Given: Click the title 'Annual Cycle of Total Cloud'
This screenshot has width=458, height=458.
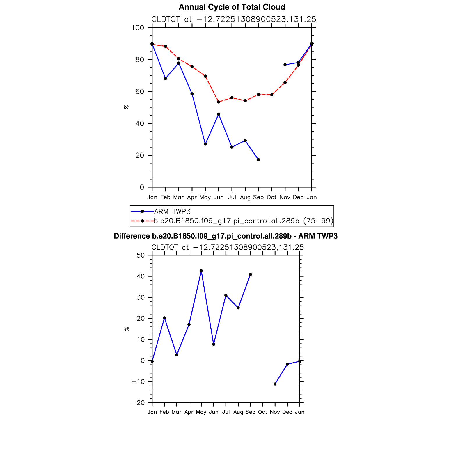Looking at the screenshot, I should [232, 7].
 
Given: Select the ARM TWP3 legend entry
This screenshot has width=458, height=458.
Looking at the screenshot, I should [172, 212].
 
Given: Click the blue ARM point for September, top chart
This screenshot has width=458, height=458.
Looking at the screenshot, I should [258, 160].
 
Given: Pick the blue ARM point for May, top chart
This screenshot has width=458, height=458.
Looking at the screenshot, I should [205, 144].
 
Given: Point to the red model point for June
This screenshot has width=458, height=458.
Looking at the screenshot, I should [219, 102].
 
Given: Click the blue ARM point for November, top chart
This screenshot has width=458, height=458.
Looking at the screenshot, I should [285, 65].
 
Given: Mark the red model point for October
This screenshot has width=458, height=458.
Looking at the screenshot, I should [272, 95].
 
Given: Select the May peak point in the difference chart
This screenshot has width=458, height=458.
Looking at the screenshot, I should [201, 271].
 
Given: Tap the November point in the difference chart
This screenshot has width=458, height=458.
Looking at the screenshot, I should [275, 384].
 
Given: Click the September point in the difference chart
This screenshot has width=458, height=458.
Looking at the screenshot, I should [251, 274].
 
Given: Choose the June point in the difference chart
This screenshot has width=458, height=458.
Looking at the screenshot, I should [214, 345].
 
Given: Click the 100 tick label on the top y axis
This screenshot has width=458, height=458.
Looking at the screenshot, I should [138, 28].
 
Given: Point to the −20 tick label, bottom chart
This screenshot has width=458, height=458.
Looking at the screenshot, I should [138, 403].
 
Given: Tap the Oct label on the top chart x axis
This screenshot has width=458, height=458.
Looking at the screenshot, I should [272, 197].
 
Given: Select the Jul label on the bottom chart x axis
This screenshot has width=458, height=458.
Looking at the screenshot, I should [226, 412].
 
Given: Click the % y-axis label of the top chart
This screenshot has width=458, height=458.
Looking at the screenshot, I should [126, 107].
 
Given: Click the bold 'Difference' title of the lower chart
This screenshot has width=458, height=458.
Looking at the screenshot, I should [226, 236].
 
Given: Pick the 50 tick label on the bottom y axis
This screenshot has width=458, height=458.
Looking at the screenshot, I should [141, 255].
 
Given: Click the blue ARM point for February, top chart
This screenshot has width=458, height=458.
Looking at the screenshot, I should [165, 79].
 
